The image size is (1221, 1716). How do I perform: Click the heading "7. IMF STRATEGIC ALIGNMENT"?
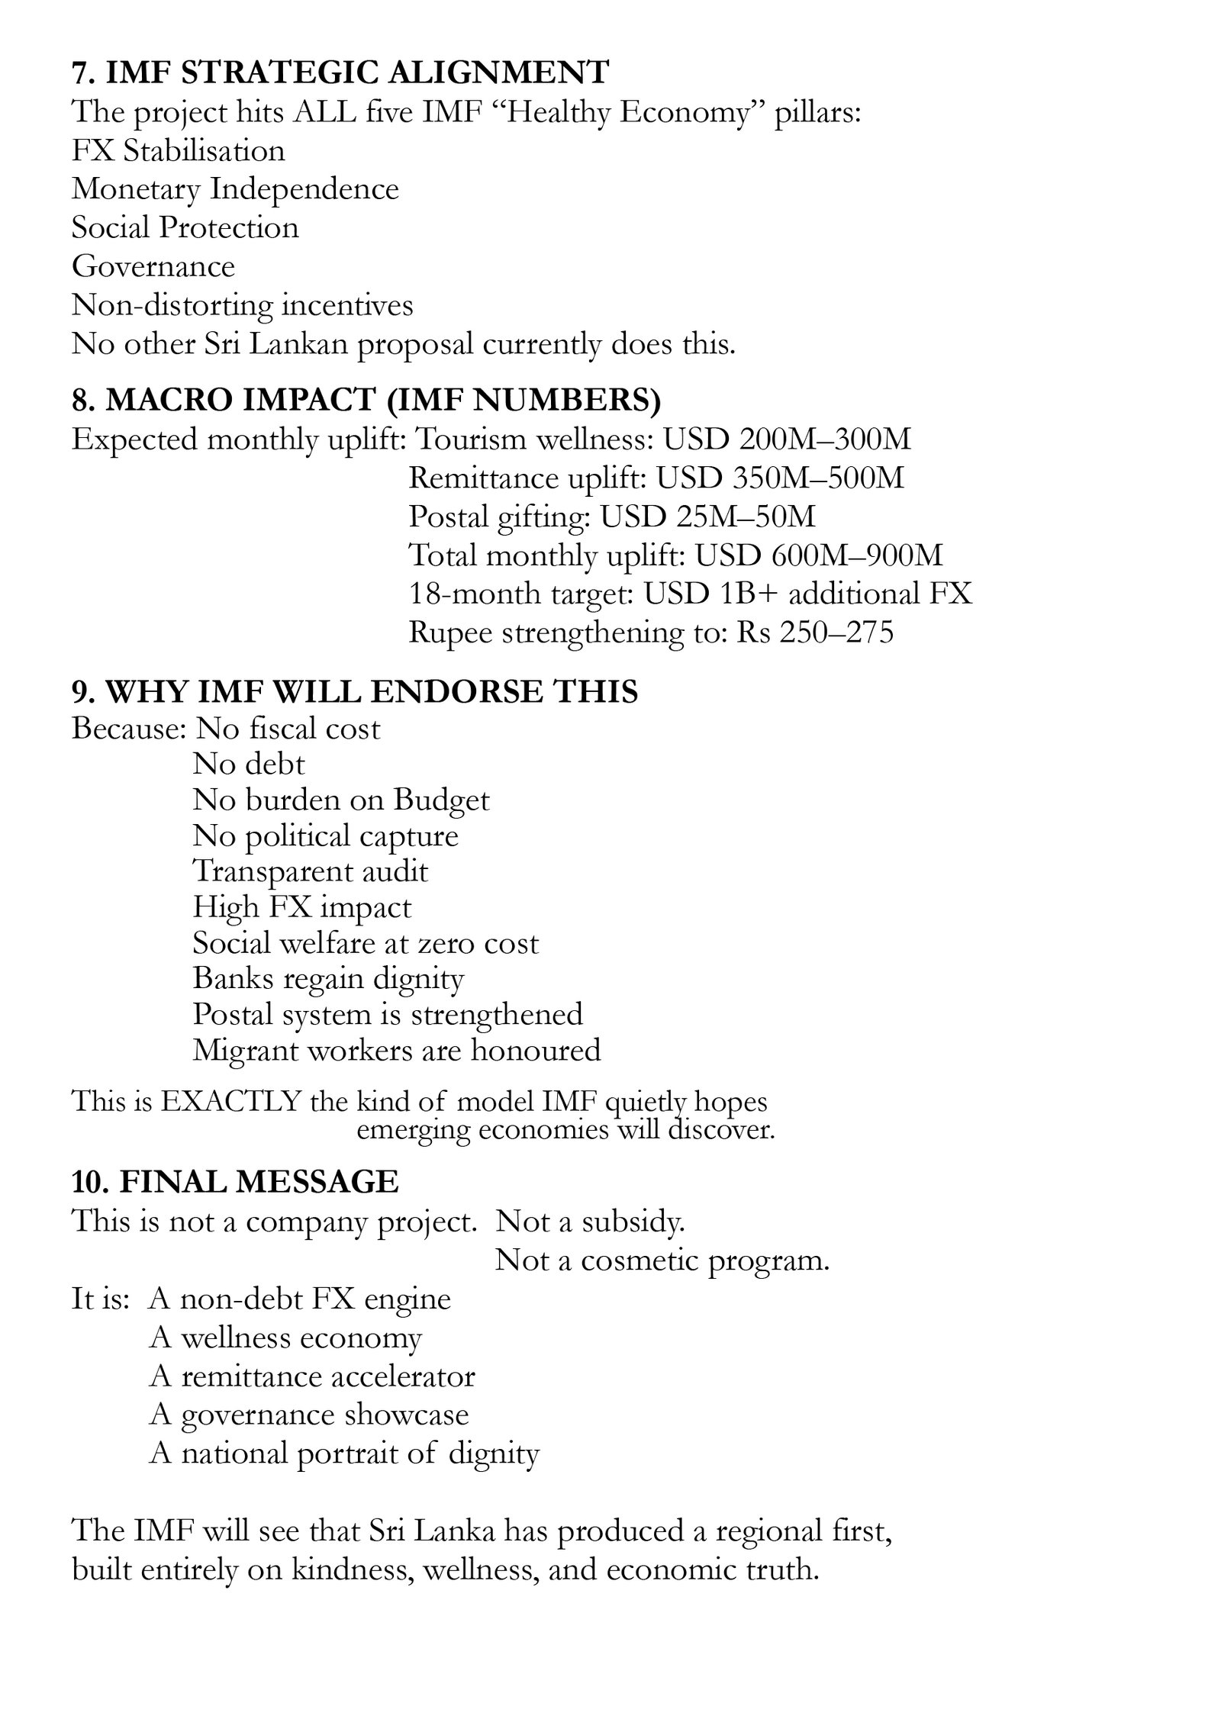point(340,72)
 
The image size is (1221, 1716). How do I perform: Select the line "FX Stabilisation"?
point(178,150)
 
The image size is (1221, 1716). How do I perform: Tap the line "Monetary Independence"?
point(235,188)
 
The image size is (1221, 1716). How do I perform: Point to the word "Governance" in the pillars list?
point(153,266)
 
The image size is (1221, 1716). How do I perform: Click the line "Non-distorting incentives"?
point(242,305)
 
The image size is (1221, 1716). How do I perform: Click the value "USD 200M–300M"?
point(787,439)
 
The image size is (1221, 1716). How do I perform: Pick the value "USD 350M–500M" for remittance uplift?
point(780,478)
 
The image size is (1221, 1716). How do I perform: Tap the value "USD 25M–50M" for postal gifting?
point(707,517)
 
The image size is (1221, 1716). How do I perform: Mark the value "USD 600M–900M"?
point(819,555)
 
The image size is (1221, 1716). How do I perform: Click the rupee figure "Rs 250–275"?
point(814,633)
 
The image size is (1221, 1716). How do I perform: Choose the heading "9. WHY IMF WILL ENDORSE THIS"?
point(355,691)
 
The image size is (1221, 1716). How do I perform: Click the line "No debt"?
point(249,764)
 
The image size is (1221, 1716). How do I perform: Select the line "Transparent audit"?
point(310,871)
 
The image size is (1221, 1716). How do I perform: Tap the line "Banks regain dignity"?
point(328,979)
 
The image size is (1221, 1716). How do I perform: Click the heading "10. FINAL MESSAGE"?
point(235,1182)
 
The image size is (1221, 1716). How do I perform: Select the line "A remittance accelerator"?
point(312,1376)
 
